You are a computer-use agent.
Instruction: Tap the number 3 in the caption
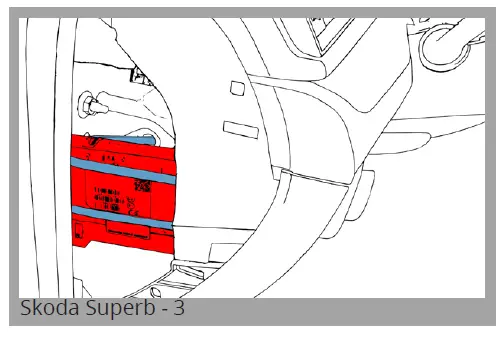click(178, 309)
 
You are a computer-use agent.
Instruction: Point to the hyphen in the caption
click(160, 310)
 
